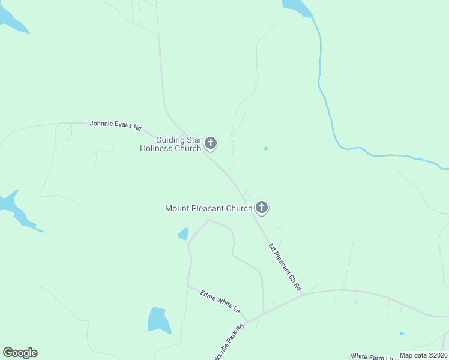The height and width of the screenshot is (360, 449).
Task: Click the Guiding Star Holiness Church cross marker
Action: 210,143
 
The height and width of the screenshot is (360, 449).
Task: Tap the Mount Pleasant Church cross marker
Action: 261,208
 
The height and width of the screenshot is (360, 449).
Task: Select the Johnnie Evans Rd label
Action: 115,125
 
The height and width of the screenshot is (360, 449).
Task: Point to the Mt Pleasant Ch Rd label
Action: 285,266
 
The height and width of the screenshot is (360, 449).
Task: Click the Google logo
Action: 20,352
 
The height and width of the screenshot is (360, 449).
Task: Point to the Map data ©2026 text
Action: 423,355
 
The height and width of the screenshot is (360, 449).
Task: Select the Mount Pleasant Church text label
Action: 208,208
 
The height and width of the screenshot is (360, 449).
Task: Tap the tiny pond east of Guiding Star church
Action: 266,148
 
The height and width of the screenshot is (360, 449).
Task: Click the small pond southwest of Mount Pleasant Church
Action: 183,233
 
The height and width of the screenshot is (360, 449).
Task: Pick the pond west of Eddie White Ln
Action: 158,320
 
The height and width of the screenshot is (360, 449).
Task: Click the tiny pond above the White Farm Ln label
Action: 402,334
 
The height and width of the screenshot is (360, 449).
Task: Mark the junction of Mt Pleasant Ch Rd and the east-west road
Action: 304,294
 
